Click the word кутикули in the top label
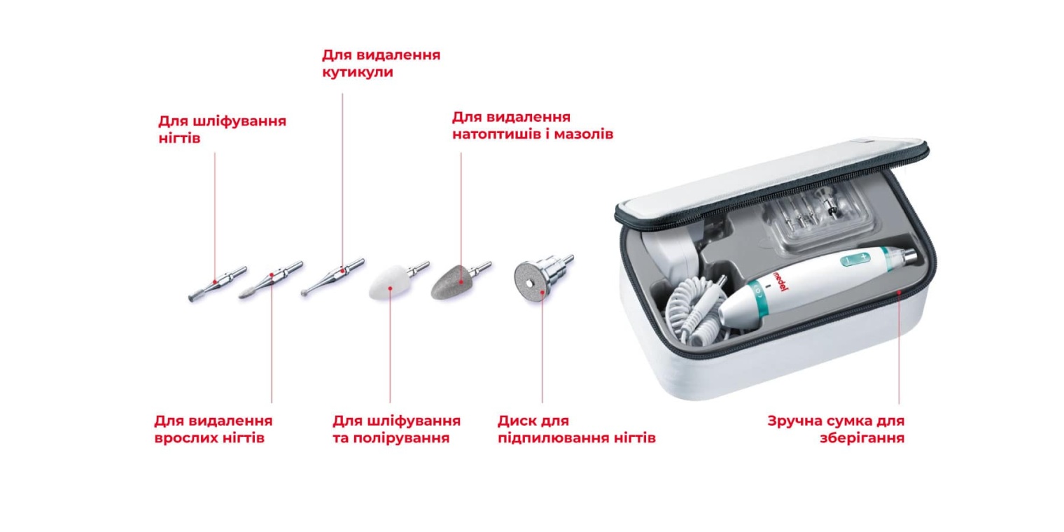357,72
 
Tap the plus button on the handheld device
864,257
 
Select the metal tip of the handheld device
910,257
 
